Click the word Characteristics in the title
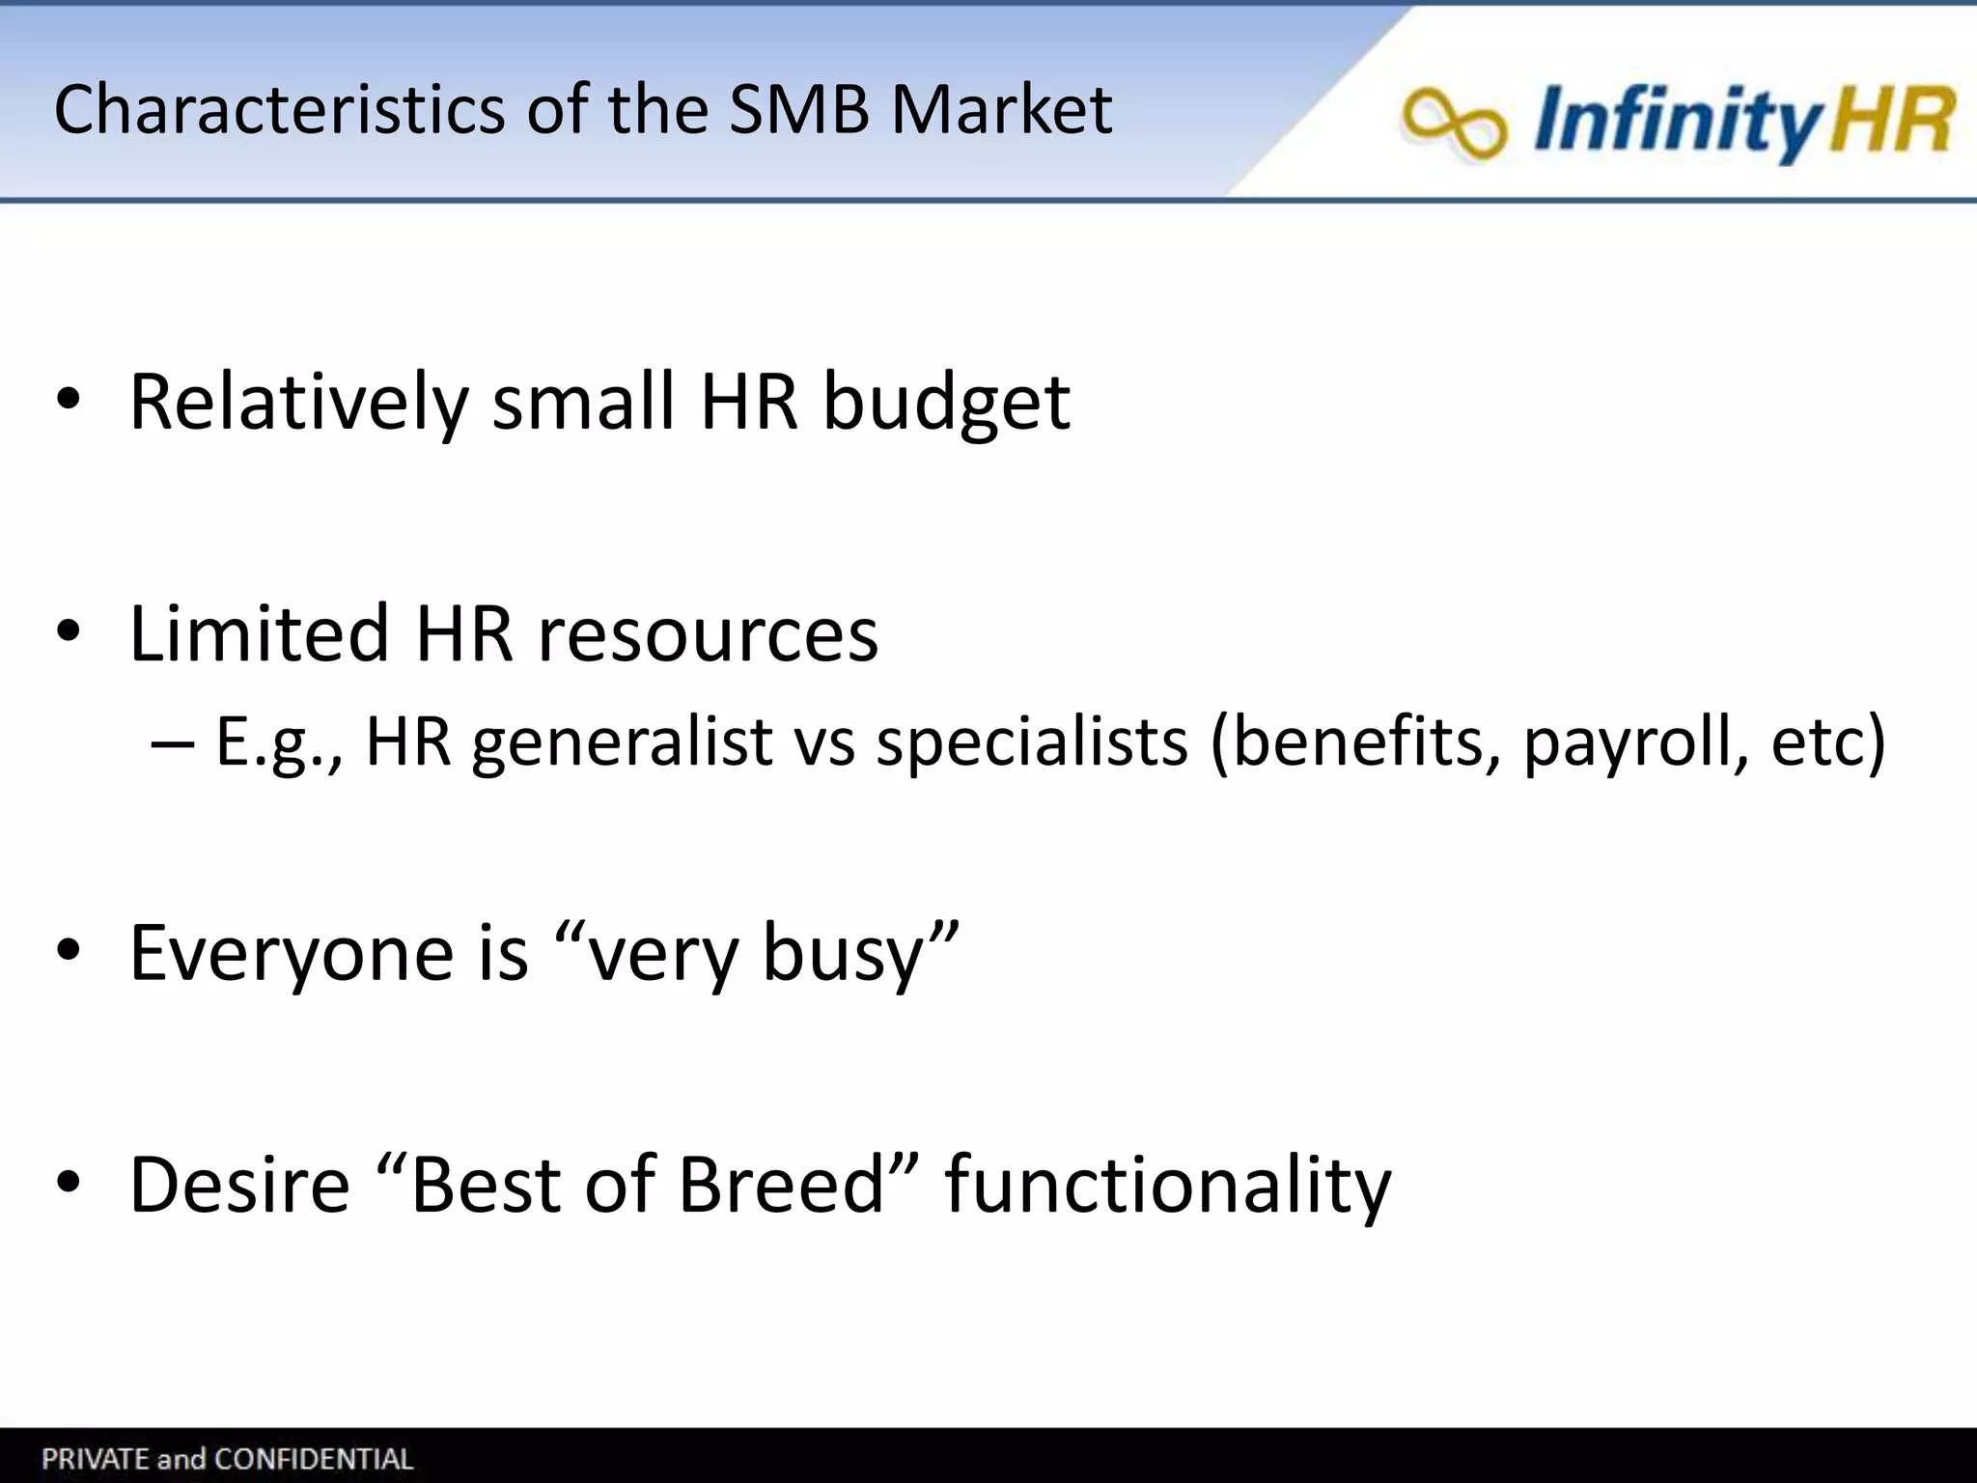pyautogui.click(x=279, y=108)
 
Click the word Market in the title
pyautogui.click(x=1001, y=108)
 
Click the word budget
pyautogui.click(x=945, y=404)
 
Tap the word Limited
pyautogui.click(x=258, y=633)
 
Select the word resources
pyautogui.click(x=707, y=635)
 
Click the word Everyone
pyautogui.click(x=291, y=954)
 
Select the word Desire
pyautogui.click(x=239, y=1185)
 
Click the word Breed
pyautogui.click(x=782, y=1185)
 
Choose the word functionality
pyautogui.click(x=1167, y=1187)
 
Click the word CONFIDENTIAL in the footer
pyautogui.click(x=315, y=1459)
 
